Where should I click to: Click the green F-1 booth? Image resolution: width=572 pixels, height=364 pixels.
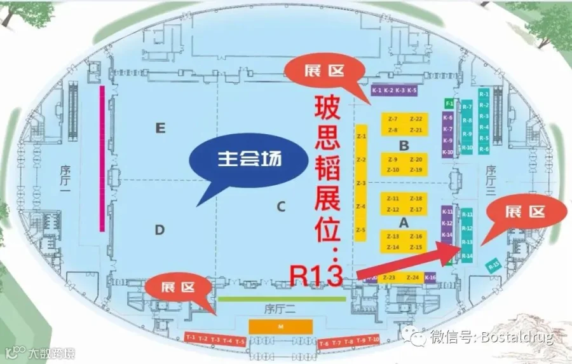[449, 103]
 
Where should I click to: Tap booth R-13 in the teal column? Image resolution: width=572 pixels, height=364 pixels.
[467, 242]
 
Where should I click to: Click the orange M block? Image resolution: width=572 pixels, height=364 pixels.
[280, 326]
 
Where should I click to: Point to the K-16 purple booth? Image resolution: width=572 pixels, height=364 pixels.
[430, 277]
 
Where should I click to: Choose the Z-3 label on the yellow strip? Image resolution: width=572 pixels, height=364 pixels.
[361, 183]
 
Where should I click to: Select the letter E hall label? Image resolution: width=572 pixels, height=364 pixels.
[160, 129]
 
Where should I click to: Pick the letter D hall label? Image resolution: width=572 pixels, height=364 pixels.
[160, 229]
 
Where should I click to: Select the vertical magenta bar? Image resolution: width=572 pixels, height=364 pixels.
[101, 158]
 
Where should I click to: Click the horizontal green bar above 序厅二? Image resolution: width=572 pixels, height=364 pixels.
[282, 298]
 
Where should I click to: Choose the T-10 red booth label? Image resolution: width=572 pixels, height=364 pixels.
[372, 341]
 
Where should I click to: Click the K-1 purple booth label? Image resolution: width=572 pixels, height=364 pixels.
[377, 90]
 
